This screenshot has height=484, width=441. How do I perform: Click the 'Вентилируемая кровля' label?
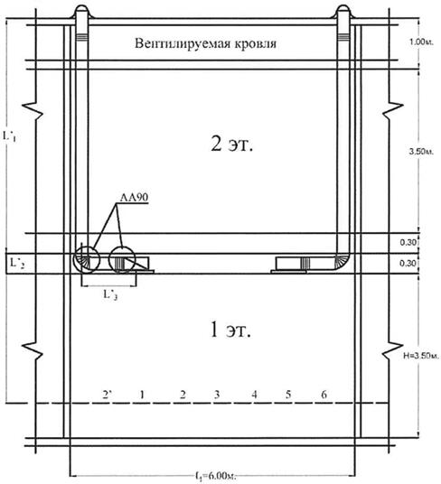coord(205,43)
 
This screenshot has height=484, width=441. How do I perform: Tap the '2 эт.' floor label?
coord(232,144)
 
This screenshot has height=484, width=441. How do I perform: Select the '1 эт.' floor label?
coord(230,330)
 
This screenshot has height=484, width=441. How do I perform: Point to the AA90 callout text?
coord(134,197)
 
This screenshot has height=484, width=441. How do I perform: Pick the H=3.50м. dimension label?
coord(421,356)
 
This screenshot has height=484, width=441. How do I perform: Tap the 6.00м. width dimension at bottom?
coord(216,475)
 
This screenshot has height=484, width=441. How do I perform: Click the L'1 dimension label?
coord(9,135)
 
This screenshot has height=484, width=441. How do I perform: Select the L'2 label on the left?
coord(17,264)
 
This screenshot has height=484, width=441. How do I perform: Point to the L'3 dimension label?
coord(110,294)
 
